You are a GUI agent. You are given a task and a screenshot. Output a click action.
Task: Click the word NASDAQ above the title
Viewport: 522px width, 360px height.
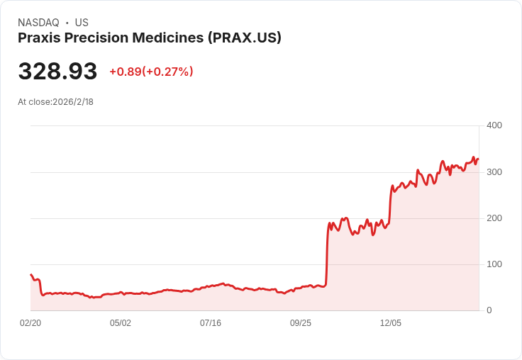click(x=38, y=23)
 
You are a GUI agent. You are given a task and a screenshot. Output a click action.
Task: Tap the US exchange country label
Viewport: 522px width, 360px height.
click(x=82, y=23)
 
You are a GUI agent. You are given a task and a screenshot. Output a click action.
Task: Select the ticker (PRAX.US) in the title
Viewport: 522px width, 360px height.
click(x=245, y=38)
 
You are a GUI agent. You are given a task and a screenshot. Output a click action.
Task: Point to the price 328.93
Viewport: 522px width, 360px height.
click(x=57, y=72)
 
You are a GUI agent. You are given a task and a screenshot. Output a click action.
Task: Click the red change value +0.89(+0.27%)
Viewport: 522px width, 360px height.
click(x=151, y=72)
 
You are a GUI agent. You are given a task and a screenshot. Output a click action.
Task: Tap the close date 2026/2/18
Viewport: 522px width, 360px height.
click(x=73, y=102)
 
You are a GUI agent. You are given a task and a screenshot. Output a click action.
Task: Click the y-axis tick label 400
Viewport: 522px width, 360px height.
click(x=494, y=125)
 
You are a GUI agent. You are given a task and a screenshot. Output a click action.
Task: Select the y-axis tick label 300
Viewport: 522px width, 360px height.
click(x=494, y=172)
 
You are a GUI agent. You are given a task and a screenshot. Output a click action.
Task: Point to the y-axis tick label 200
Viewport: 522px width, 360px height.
click(x=494, y=218)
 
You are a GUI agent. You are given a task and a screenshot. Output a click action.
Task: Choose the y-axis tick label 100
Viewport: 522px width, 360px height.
click(x=494, y=264)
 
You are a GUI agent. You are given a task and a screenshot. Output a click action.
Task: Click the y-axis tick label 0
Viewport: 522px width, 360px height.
click(x=489, y=310)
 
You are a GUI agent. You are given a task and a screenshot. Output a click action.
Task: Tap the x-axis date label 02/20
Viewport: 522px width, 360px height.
click(x=30, y=323)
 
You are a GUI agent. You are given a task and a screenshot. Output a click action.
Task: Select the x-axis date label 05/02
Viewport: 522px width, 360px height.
click(x=121, y=323)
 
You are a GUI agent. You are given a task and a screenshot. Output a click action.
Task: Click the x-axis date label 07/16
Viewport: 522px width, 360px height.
click(x=211, y=323)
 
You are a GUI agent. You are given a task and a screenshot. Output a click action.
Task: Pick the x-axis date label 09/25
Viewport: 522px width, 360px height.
click(x=301, y=323)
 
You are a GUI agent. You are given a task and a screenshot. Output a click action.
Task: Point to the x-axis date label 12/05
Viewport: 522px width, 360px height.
click(x=391, y=323)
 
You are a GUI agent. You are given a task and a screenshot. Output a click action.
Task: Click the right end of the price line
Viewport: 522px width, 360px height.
click(x=478, y=159)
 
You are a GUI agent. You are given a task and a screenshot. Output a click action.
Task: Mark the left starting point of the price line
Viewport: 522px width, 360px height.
click(x=30, y=274)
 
